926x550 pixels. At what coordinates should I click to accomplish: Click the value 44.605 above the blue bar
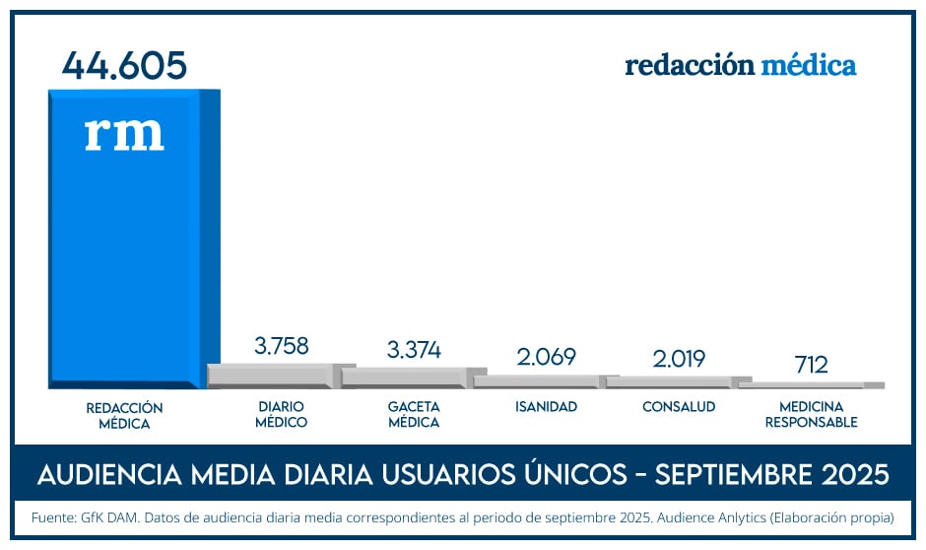click(x=124, y=65)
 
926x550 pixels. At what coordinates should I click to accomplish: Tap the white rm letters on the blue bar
click(x=124, y=134)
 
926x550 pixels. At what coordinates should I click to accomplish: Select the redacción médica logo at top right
click(x=740, y=66)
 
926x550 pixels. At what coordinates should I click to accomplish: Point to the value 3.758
click(x=281, y=346)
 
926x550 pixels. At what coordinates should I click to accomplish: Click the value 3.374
click(x=414, y=349)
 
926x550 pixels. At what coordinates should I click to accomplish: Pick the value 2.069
click(x=546, y=357)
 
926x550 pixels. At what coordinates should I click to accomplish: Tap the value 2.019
click(x=678, y=358)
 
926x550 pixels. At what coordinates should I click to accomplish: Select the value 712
click(x=811, y=364)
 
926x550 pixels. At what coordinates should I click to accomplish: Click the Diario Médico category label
click(x=281, y=414)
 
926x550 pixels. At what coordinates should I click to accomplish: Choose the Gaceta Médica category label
click(x=414, y=414)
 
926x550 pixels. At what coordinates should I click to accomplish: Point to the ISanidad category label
click(x=546, y=406)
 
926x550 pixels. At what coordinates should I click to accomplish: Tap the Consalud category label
click(x=678, y=406)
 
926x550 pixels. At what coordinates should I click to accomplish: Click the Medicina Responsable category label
click(x=811, y=414)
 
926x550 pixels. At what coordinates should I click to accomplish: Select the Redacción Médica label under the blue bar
click(x=124, y=415)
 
